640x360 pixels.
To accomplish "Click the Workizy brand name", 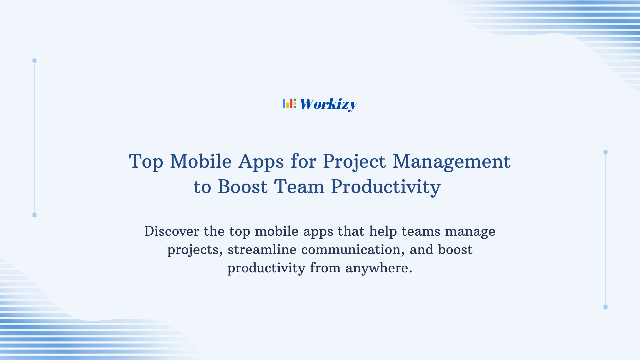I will [329, 104].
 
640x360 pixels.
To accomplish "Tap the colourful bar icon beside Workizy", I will [289, 104].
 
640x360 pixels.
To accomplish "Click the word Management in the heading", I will [451, 161].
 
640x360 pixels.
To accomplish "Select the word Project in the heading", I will [354, 162].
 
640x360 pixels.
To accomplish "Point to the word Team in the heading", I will [299, 187].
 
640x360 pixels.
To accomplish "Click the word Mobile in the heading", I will [201, 161].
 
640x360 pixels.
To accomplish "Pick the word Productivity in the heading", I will [386, 187].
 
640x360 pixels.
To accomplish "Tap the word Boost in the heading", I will [242, 187].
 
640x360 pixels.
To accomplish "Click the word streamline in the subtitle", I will [262, 250].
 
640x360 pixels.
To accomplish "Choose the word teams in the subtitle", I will [421, 231].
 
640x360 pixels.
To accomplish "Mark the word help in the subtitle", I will [383, 232].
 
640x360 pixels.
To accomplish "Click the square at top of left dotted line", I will [34, 61].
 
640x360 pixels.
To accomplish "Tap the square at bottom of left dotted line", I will [34, 215].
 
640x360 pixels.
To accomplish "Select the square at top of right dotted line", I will [605, 152].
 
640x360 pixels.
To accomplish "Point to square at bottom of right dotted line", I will [605, 307].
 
